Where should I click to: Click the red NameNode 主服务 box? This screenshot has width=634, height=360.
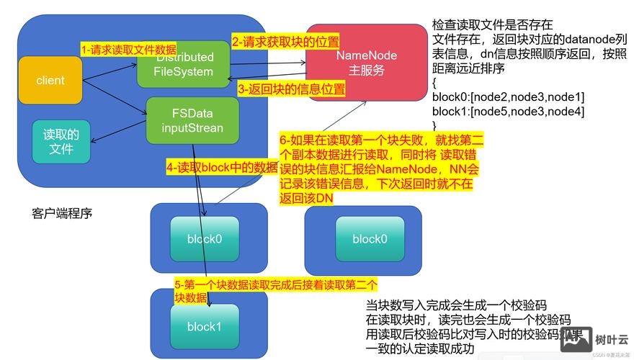click(367, 63)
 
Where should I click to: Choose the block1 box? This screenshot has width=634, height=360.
click(204, 326)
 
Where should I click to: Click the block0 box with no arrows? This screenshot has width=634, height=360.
click(370, 238)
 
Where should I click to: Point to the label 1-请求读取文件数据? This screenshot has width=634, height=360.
click(128, 49)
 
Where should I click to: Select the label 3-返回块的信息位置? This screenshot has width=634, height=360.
click(291, 89)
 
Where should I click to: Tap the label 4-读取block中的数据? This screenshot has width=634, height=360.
click(221, 167)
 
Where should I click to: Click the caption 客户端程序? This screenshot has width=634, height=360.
click(62, 214)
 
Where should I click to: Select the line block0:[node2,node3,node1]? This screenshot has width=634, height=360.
click(508, 96)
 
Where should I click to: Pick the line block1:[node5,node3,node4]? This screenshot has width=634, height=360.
click(508, 111)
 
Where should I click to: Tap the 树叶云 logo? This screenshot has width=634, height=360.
click(596, 338)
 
